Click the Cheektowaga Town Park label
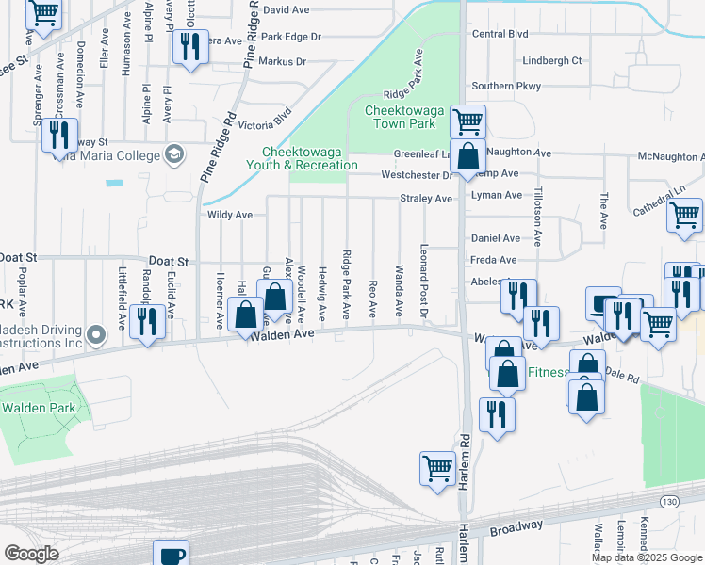click(401, 117)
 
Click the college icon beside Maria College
click(173, 155)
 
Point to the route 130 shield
click(670, 499)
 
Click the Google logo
click(31, 554)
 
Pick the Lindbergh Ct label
click(553, 60)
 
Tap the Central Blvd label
click(500, 34)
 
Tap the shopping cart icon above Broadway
click(438, 468)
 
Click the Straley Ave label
click(426, 199)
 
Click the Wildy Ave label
click(229, 215)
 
